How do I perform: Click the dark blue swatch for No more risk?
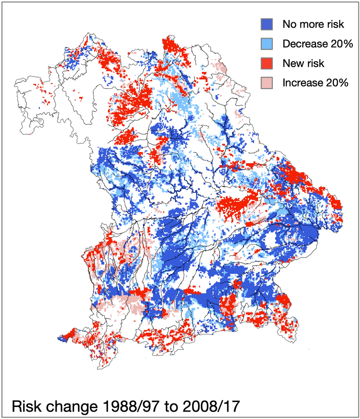pyautogui.click(x=267, y=25)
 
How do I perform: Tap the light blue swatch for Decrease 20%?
pyautogui.click(x=267, y=44)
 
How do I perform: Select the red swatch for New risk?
pyautogui.click(x=267, y=63)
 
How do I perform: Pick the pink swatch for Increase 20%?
pyautogui.click(x=267, y=83)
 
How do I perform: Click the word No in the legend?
pyautogui.click(x=289, y=25)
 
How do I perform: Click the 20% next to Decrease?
pyautogui.click(x=343, y=44)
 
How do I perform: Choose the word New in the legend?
pyautogui.click(x=292, y=63)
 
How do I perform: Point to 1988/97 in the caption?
pyautogui.click(x=129, y=405)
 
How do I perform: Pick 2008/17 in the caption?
pyautogui.click(x=213, y=405)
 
